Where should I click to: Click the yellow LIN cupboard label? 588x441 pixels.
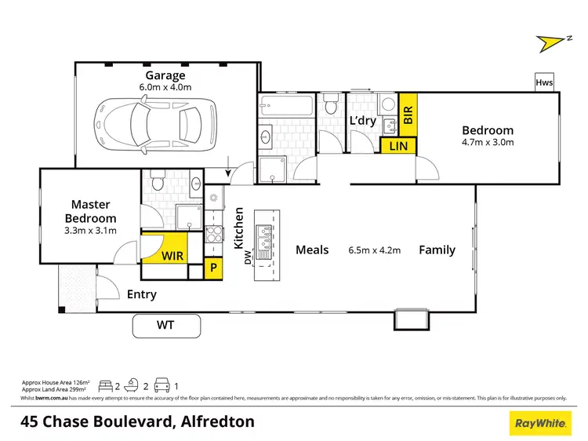[x=399, y=145]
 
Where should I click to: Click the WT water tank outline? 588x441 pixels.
[x=166, y=323]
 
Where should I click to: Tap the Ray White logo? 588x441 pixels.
[x=541, y=422]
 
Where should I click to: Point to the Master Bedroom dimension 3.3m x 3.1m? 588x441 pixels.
[x=89, y=231]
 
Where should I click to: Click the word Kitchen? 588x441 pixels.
[x=240, y=228]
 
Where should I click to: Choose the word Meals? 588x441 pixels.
[x=311, y=250]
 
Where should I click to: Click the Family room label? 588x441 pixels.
[x=437, y=250]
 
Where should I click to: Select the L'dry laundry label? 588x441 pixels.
[x=363, y=121]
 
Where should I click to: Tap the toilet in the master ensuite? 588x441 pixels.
[x=156, y=182]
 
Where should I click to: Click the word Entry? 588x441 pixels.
[x=142, y=294]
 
